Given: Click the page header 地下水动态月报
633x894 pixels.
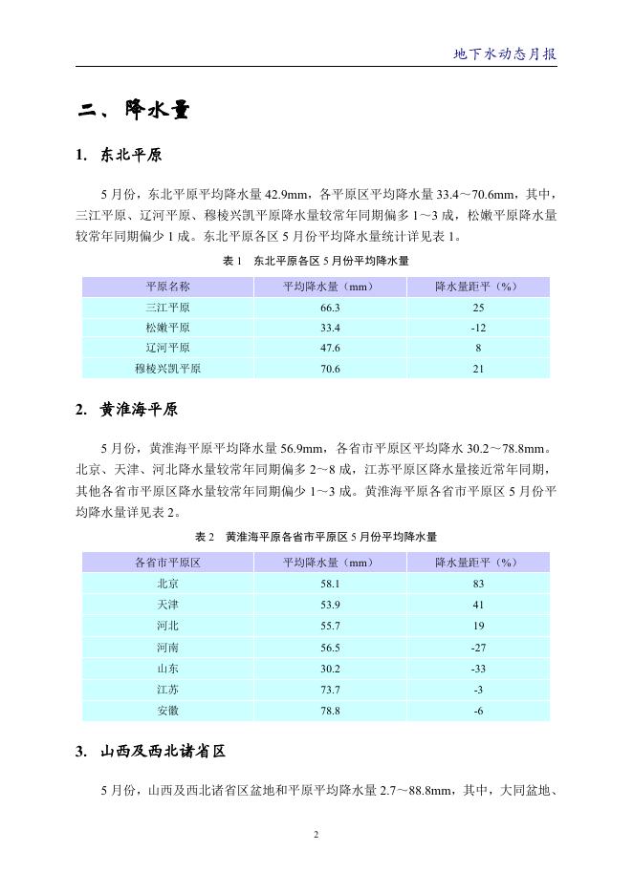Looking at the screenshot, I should [504, 54].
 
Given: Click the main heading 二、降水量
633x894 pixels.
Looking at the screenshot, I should [134, 112].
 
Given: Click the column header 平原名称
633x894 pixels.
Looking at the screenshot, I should [167, 287].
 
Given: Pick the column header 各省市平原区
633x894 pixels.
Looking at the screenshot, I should [167, 563].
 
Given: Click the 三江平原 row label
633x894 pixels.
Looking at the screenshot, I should [167, 308].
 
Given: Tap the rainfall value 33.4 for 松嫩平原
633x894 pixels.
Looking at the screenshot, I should [331, 328].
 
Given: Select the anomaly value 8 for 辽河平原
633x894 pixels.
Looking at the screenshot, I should [478, 349].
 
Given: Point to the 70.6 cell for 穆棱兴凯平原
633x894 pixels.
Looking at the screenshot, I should [331, 369].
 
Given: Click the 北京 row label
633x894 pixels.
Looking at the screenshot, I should [167, 584].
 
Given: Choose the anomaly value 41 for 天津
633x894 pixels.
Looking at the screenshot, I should [478, 605].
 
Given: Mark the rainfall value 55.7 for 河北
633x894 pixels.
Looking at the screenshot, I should [331, 626].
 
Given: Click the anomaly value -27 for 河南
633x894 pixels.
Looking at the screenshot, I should [478, 647].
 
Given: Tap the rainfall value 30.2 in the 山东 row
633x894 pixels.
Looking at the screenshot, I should [331, 668].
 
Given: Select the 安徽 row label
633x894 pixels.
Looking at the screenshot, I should [167, 710].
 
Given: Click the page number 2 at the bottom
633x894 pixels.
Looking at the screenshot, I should [316, 835].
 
